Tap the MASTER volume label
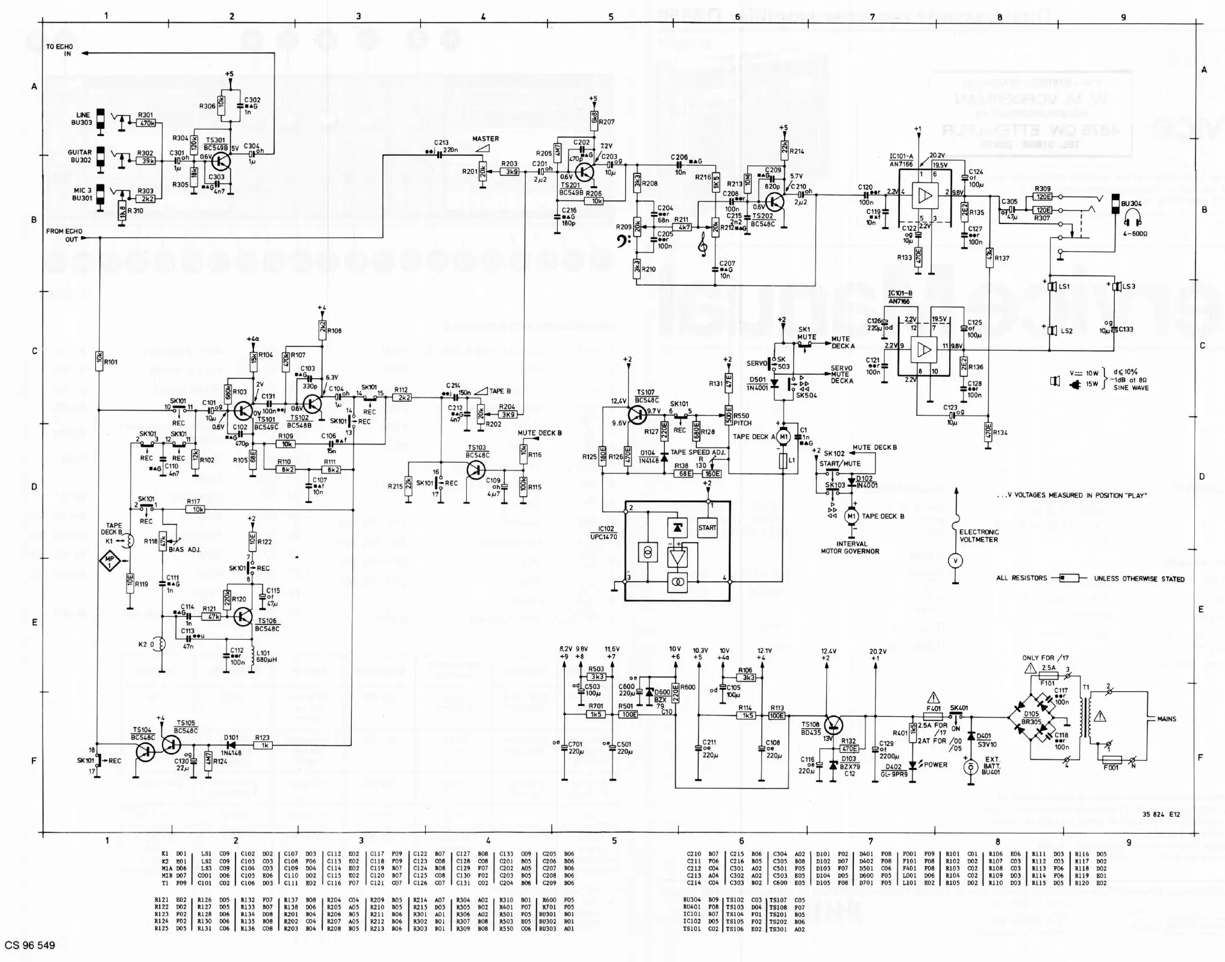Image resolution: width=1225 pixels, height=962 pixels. click(485, 139)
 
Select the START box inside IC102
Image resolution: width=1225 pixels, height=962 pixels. click(707, 528)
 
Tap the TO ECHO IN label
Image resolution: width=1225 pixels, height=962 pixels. click(60, 50)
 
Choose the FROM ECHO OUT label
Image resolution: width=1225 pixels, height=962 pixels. click(64, 235)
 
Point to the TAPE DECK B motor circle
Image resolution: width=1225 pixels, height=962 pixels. click(851, 516)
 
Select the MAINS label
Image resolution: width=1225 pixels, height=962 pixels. click(1166, 719)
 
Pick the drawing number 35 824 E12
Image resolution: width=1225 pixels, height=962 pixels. click(1161, 814)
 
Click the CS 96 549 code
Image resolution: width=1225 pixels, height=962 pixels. click(30, 945)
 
